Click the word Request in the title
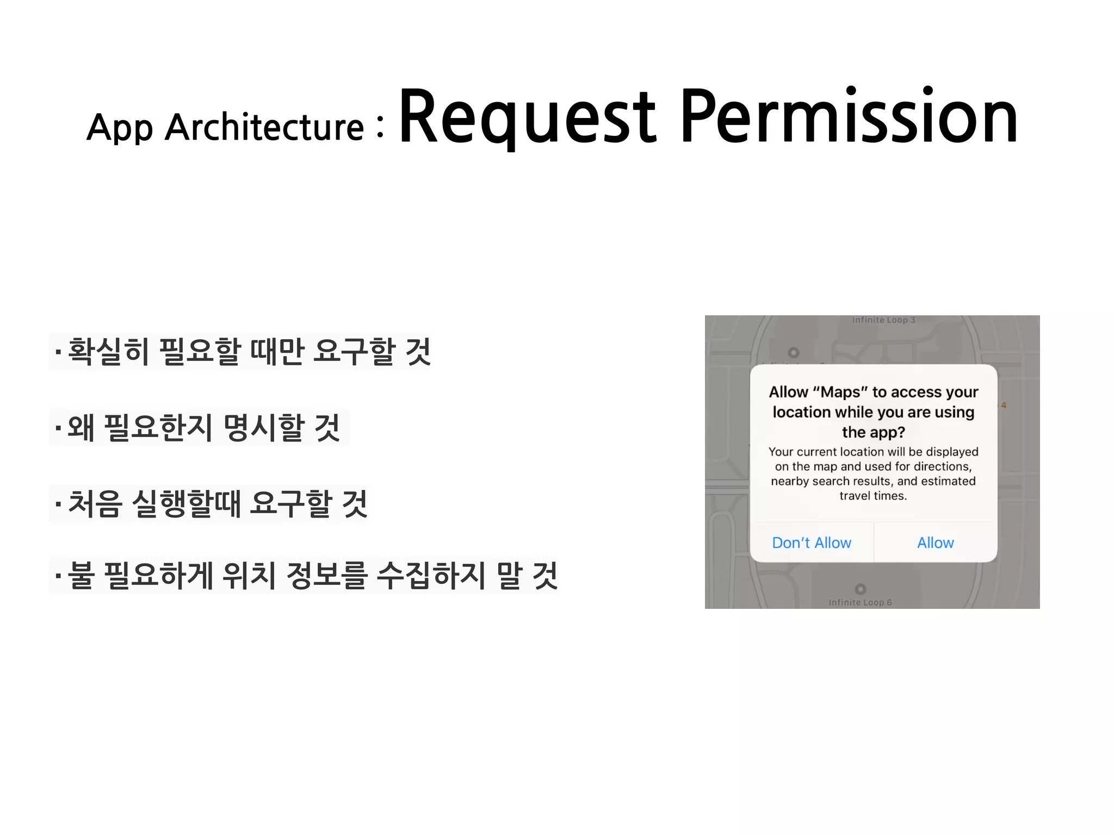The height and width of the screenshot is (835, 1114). point(528,117)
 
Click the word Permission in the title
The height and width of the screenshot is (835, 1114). point(849,117)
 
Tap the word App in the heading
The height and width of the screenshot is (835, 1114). point(120,128)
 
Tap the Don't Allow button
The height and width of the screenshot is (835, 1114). point(812,543)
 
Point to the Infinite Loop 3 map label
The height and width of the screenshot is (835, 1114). point(883,320)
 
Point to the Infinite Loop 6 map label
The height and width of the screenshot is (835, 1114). point(860,602)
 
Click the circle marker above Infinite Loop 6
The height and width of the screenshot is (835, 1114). point(860,589)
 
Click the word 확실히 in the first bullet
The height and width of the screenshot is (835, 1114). point(108,352)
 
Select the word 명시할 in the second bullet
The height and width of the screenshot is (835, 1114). point(264,428)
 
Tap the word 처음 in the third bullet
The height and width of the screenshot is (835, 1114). point(95,504)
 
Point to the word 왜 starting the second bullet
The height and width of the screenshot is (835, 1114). point(81,428)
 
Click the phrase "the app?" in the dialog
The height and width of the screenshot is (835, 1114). point(873,432)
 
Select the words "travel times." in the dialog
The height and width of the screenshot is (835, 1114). point(873,496)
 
